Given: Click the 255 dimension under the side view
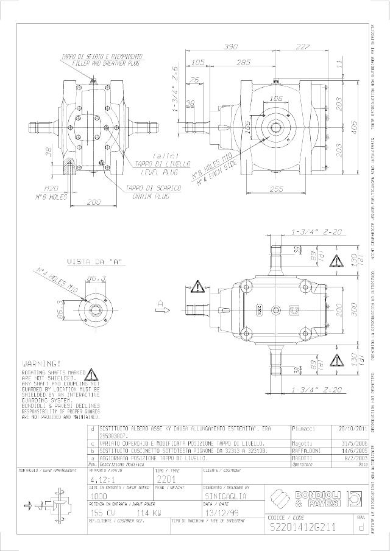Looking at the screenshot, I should (277, 189).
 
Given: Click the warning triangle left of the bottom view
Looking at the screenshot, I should (199, 284).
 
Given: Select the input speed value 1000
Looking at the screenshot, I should (99, 496).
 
